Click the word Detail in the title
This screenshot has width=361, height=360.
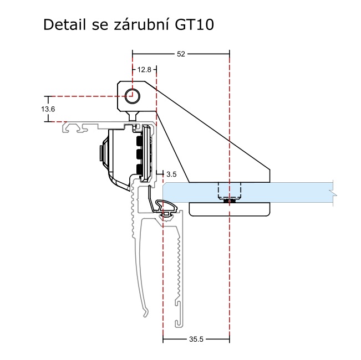pyautogui.click(x=63, y=25)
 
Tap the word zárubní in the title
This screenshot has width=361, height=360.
pyautogui.click(x=140, y=25)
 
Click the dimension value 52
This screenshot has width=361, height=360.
pyautogui.click(x=181, y=54)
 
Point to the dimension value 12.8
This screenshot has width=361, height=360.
pyautogui.click(x=144, y=70)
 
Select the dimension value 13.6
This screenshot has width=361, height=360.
pyautogui.click(x=48, y=109)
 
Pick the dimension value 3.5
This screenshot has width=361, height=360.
pyautogui.click(x=171, y=173)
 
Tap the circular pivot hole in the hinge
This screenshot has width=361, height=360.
pyautogui.click(x=132, y=95)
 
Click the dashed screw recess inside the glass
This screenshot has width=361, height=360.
pyautogui.click(x=229, y=191)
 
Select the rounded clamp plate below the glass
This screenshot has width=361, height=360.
pyautogui.click(x=230, y=209)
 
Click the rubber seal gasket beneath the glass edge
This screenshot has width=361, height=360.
pyautogui.click(x=166, y=208)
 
